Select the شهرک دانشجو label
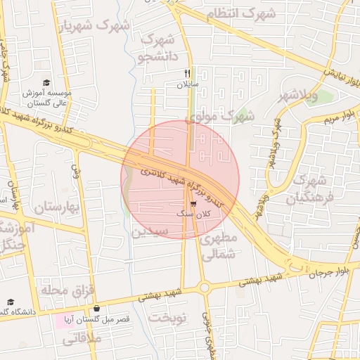(157, 47)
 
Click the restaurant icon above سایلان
(187, 72)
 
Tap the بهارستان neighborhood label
(54, 207)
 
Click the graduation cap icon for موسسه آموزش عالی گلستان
(46, 82)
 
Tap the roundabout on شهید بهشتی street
(205, 286)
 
